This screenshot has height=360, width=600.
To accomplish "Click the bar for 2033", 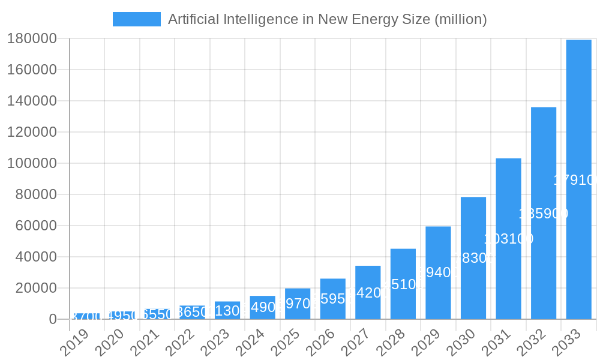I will (x=578, y=179).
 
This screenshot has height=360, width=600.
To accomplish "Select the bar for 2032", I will (x=544, y=213).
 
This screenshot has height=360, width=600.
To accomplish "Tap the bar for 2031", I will (x=508, y=239).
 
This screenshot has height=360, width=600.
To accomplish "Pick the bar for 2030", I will (x=473, y=258).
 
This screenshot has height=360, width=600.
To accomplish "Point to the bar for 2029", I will (x=438, y=273).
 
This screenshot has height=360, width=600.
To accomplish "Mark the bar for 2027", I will (x=368, y=292).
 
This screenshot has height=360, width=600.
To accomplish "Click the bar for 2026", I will (x=333, y=299).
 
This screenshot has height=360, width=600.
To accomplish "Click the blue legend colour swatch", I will (x=137, y=19).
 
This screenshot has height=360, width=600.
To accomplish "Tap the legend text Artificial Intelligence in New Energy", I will (x=327, y=19).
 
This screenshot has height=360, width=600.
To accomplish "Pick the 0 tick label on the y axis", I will (x=53, y=319).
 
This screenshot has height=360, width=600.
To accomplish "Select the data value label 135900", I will (x=544, y=214).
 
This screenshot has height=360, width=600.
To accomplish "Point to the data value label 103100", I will (x=508, y=239).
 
